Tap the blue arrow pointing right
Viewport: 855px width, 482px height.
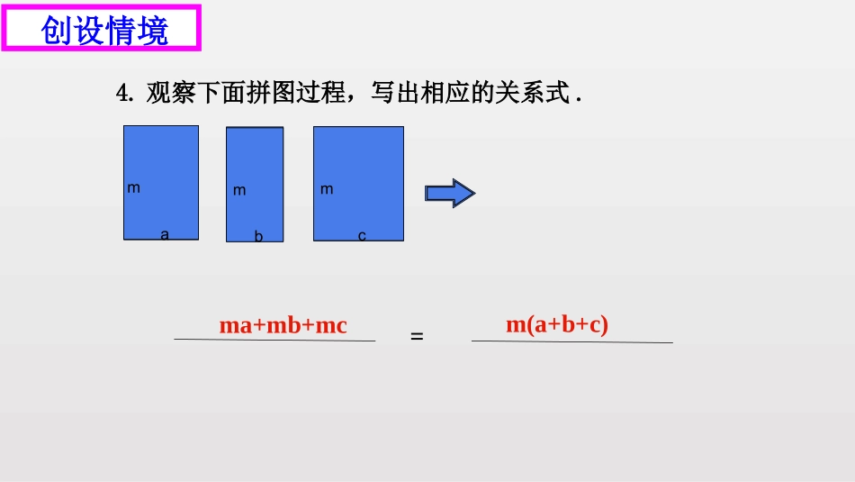449,193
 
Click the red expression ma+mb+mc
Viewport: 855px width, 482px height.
283,325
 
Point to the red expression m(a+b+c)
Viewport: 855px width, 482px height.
557,324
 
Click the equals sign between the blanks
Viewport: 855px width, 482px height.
417,336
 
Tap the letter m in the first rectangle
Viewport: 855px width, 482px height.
133,188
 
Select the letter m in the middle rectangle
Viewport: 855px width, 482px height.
239,191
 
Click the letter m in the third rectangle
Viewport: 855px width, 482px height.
327,189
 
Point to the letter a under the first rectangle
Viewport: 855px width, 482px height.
165,234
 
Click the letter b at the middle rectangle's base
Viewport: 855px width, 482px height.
258,237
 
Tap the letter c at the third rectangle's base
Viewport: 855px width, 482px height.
362,236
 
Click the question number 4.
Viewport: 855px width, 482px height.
124,93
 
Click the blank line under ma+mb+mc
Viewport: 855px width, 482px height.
274,340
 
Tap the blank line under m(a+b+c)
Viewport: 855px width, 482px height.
571,341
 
